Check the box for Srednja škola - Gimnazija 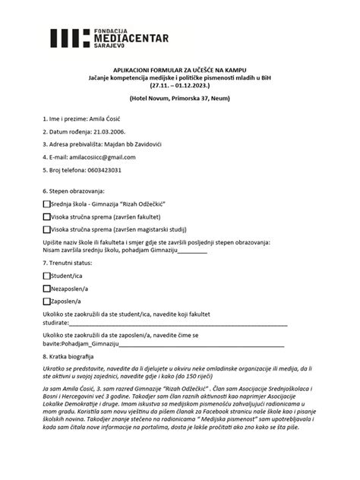point(47,204)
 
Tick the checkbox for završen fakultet point(47,216)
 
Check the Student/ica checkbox point(47,276)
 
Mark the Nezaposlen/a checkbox point(47,288)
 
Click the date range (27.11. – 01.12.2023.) point(180,86)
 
